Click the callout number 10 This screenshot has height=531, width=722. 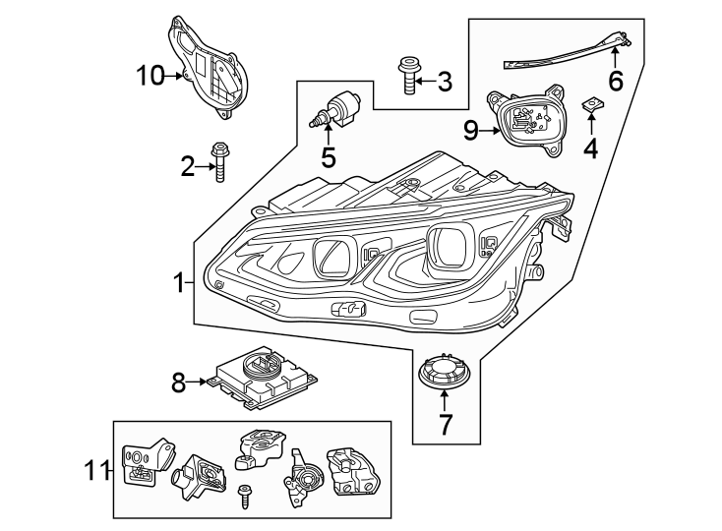coord(151,75)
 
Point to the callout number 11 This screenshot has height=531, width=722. coord(95,472)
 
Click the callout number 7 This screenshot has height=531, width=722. coord(445,426)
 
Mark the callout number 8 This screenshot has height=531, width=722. coord(179,383)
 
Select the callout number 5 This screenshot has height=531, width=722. coord(328,156)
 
